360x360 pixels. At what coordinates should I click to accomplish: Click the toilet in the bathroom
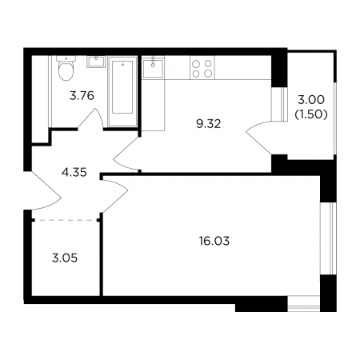coord(66,68)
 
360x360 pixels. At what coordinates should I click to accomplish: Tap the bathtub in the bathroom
coord(122,91)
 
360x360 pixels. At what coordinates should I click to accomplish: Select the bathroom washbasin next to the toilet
coord(96,62)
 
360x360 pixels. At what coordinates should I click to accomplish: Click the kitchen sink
coord(153,68)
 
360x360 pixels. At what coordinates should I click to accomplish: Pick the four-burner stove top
coord(202,68)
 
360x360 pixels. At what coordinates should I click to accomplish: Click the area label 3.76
coord(82,95)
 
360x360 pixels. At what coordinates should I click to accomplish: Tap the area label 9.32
coord(209,124)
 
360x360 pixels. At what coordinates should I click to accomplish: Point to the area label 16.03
coord(214,241)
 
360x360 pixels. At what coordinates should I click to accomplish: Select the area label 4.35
coord(74,172)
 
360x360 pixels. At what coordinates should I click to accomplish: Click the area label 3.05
coord(65,258)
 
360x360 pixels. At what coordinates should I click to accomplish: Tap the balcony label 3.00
coord(311,100)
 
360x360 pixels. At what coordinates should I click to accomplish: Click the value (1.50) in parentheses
coord(311,114)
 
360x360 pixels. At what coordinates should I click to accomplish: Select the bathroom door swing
coord(90,119)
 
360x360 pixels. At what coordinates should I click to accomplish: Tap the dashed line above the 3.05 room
coord(66,220)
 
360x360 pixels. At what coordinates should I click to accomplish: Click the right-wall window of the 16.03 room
coord(329,238)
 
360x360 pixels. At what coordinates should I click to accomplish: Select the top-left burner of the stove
coord(196,63)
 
